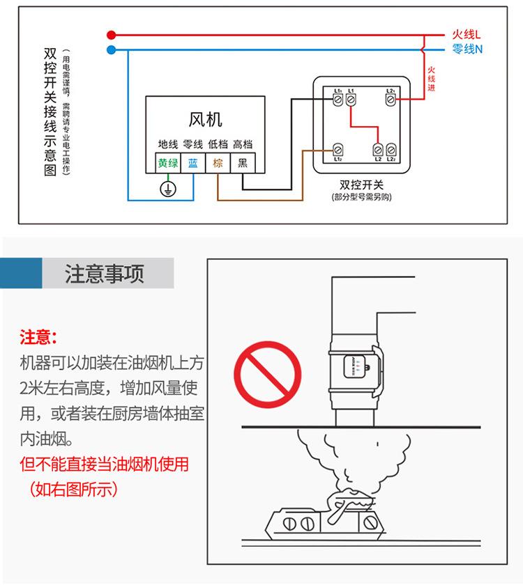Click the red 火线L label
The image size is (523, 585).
pos(467,34)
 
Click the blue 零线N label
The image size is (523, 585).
pos(467,49)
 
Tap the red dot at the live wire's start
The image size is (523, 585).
pos(111,34)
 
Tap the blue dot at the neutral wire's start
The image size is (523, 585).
pos(111,49)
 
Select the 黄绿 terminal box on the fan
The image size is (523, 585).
pos(167,163)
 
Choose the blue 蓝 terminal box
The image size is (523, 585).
pos(193,163)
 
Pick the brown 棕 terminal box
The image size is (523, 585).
pos(218,163)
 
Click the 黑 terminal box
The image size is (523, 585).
pos(243,163)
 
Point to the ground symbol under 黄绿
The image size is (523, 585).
pos(167,188)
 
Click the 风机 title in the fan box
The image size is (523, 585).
pos(205,120)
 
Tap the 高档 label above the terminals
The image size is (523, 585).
pos(242,144)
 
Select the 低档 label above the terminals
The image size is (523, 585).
pos(218,144)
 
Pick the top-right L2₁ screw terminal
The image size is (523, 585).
pos(391,100)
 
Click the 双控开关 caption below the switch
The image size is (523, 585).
pos(361,185)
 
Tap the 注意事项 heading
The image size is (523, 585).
pos(105,274)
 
